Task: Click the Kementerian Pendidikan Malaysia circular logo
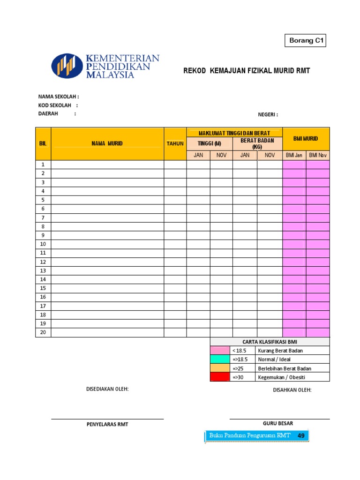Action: pyautogui.click(x=67, y=66)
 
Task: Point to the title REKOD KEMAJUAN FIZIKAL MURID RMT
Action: pyautogui.click(x=246, y=71)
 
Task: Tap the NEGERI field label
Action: pyautogui.click(x=268, y=115)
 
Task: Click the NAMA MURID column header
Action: pyautogui.click(x=107, y=143)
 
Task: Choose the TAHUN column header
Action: pyautogui.click(x=175, y=143)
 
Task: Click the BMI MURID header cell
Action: pyautogui.click(x=306, y=138)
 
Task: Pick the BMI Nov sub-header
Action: pyautogui.click(x=318, y=155)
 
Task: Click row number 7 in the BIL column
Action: pyautogui.click(x=43, y=217)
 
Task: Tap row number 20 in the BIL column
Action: pyautogui.click(x=43, y=332)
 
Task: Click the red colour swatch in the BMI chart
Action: pyautogui.click(x=219, y=377)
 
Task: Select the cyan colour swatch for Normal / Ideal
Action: pyautogui.click(x=219, y=359)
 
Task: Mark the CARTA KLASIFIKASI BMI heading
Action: pyautogui.click(x=270, y=342)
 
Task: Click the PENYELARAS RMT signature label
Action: pyautogui.click(x=107, y=424)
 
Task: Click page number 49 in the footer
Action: pyautogui.click(x=301, y=436)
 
